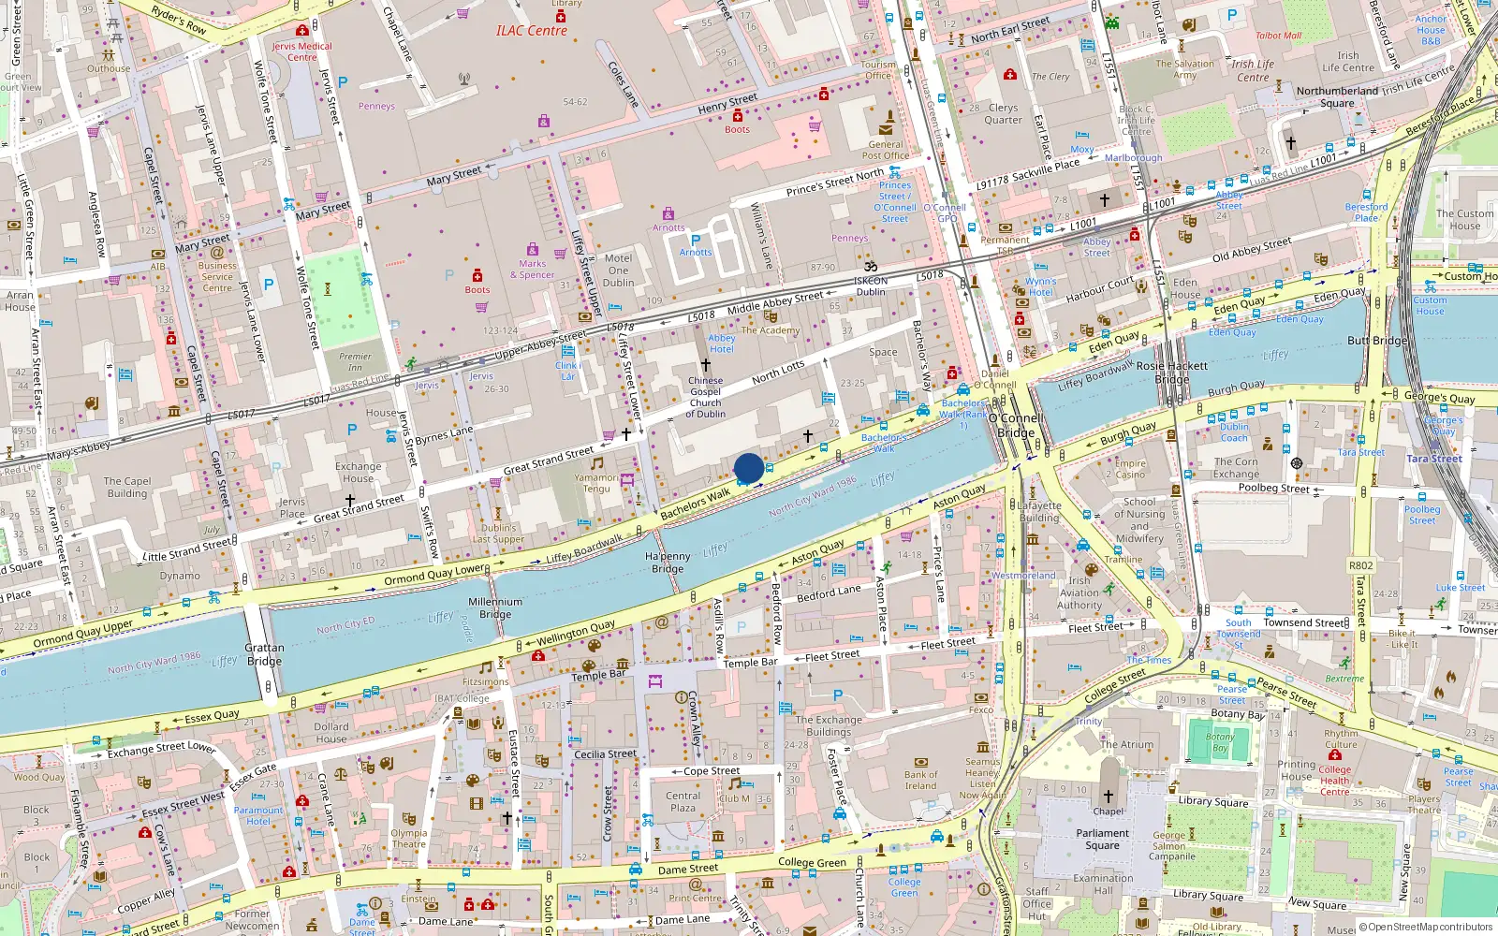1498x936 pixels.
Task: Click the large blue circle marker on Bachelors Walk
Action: point(748,468)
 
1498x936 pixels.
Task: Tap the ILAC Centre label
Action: point(532,31)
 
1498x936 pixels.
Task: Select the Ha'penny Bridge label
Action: point(668,563)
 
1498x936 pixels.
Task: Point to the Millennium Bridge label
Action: point(495,608)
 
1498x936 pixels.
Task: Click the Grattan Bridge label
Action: point(264,654)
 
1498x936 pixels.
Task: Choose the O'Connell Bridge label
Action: point(1016,426)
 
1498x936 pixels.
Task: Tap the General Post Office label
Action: point(886,150)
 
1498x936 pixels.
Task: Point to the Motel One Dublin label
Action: point(618,271)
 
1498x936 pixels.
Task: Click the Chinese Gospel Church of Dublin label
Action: point(705,397)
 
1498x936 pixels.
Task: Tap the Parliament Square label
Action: point(1102,839)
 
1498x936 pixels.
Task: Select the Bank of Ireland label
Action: point(920,780)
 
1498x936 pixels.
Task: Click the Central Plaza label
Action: point(683,801)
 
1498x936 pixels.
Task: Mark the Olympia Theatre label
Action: point(408,838)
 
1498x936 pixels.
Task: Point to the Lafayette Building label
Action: point(1039,511)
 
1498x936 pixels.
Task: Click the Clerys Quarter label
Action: point(1003,114)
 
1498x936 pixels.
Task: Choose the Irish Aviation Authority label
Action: point(1079,592)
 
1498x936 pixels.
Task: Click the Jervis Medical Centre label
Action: point(301,51)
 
